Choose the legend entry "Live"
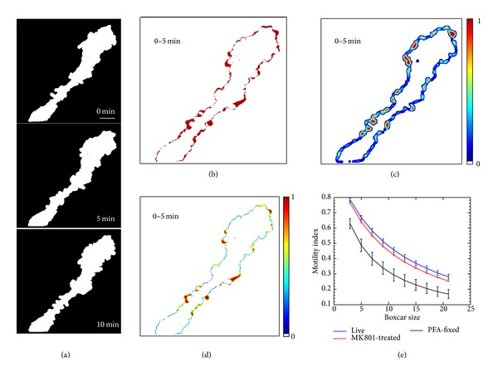[354, 329]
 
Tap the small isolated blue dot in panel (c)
[419, 61]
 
